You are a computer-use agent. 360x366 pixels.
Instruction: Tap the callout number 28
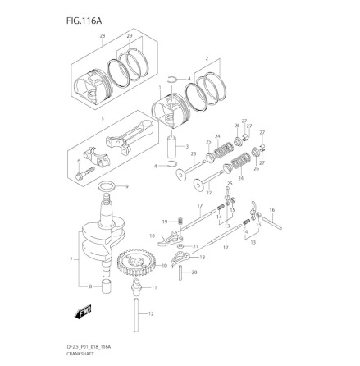103,37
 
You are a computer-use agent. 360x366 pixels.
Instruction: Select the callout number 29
129,37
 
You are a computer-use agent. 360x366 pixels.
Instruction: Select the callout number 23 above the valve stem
193,153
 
